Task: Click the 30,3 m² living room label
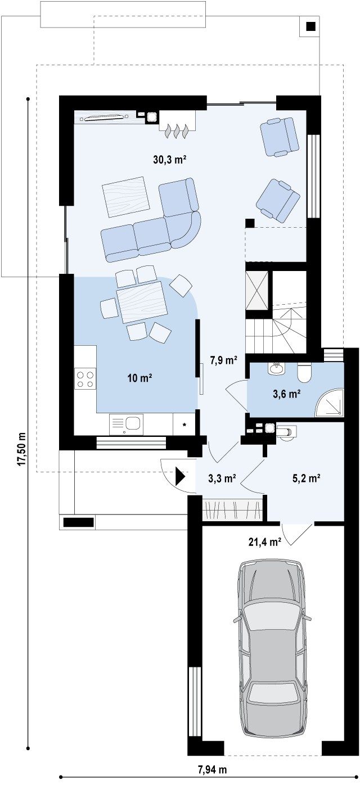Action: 169,160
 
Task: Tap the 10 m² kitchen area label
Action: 139,378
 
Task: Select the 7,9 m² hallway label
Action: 223,360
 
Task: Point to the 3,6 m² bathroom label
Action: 287,394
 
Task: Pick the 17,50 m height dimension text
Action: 22,449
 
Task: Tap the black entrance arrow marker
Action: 181,477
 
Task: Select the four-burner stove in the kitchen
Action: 85,379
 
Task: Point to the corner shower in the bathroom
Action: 330,403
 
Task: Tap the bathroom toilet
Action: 304,373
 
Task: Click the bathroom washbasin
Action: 276,368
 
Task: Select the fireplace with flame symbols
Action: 177,124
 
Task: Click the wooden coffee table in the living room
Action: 125,197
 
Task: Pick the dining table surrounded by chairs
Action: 142,302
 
